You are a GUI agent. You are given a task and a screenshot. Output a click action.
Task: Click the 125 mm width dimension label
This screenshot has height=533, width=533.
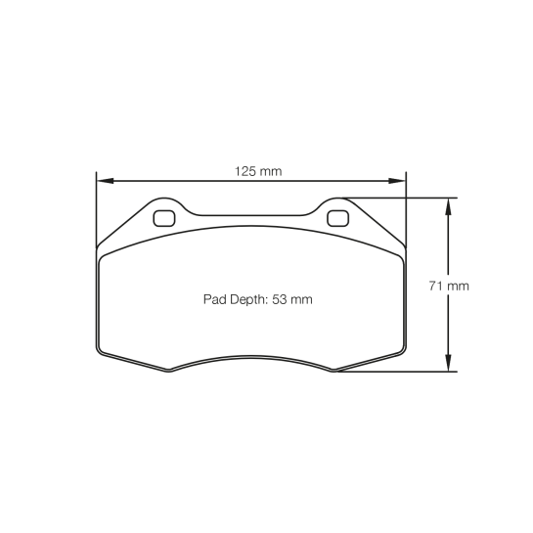(257, 170)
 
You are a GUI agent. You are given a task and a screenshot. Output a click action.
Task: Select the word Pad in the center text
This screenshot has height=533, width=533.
(213, 300)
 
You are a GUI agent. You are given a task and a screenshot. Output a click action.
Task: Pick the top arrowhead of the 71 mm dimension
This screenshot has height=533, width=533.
(448, 204)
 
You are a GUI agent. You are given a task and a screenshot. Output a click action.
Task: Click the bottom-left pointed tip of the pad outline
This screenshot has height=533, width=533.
(167, 371)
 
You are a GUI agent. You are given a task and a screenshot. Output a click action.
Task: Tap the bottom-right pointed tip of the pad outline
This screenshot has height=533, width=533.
(334, 371)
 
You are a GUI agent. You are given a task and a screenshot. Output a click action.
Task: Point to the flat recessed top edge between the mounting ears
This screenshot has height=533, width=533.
(250, 214)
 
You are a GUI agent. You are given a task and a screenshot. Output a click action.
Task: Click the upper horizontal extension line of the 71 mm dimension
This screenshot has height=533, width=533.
(411, 198)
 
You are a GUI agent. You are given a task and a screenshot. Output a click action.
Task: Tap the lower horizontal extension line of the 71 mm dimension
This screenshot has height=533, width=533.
(401, 372)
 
